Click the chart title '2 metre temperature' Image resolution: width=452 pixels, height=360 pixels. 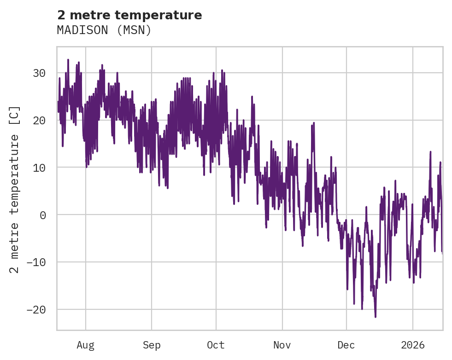(x=129, y=15)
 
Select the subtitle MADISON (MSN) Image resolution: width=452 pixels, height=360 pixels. (x=104, y=30)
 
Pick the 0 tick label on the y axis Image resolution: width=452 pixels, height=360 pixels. (x=42, y=215)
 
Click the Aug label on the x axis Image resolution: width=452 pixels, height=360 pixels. (x=86, y=345)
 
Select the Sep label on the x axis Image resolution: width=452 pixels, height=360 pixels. (x=151, y=345)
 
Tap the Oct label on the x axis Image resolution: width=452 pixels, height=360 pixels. (x=216, y=345)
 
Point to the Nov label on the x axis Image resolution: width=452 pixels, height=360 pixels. (x=282, y=345)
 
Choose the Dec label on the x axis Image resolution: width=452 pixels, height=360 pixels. (x=346, y=345)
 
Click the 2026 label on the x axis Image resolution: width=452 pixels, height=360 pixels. (x=413, y=345)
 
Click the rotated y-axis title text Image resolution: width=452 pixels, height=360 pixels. (x=15, y=190)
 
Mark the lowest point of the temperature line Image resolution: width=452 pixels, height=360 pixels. (x=376, y=317)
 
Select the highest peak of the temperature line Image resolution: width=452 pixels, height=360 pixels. (x=68, y=59)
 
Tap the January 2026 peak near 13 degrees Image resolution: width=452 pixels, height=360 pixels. (x=430, y=151)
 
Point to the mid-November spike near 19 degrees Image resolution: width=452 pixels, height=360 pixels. (x=314, y=123)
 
